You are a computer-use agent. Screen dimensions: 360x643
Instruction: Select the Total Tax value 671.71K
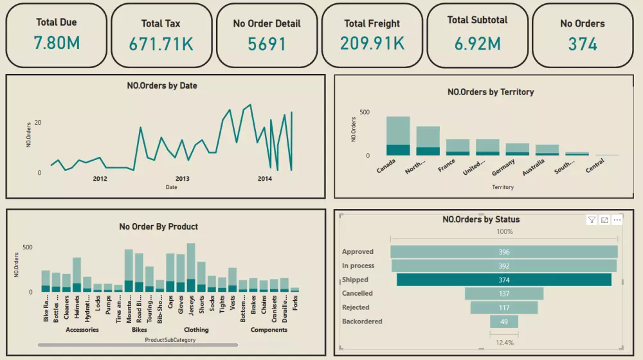click(161, 44)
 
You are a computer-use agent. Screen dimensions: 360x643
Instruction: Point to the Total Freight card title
click(372, 24)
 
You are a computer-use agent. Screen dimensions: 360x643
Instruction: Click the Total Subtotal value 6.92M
click(477, 44)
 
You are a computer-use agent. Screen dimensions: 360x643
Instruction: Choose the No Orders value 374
click(583, 44)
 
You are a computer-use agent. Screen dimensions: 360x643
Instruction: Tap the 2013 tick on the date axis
click(182, 179)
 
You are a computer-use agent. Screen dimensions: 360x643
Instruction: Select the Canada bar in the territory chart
click(398, 136)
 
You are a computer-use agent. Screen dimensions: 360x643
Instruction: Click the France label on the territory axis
click(446, 166)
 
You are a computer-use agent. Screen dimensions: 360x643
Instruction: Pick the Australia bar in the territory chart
click(547, 150)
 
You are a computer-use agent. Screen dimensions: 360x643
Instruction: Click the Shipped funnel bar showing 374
click(504, 280)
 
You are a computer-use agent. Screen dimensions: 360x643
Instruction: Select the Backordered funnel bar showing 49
click(504, 321)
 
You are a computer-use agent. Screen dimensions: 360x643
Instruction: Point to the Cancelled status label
click(358, 294)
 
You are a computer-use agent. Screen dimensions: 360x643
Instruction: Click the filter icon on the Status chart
click(592, 220)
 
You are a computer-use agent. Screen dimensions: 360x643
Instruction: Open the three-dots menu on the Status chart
click(617, 220)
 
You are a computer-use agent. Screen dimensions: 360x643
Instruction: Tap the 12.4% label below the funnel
click(504, 343)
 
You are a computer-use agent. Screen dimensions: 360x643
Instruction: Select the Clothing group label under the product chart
click(196, 330)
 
